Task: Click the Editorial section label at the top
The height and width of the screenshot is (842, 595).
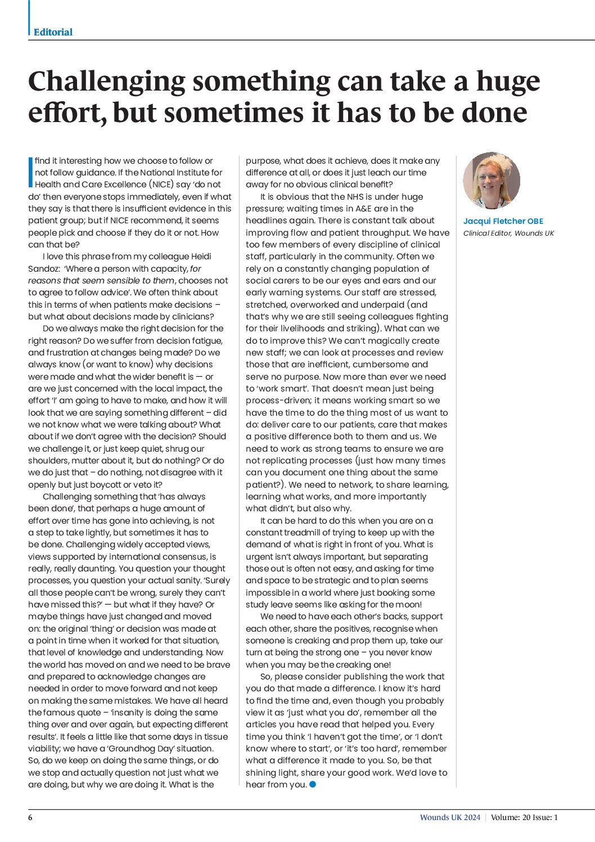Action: pyautogui.click(x=53, y=32)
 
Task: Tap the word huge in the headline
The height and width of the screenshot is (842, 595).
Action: pyautogui.click(x=508, y=82)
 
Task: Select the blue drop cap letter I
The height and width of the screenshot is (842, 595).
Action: pyautogui.click(x=30, y=172)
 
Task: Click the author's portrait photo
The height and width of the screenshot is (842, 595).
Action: pyautogui.click(x=491, y=181)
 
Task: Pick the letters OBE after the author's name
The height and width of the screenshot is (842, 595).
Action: pyautogui.click(x=535, y=221)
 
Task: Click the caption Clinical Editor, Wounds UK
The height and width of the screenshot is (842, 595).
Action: pyautogui.click(x=508, y=233)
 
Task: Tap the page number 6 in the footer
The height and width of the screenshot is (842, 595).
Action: pyautogui.click(x=30, y=817)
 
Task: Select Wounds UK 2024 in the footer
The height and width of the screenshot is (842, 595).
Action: pyautogui.click(x=450, y=817)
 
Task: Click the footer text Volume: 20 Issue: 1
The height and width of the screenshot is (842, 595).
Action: pyautogui.click(x=524, y=817)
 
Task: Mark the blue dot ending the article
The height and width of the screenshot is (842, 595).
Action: pyautogui.click(x=313, y=784)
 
